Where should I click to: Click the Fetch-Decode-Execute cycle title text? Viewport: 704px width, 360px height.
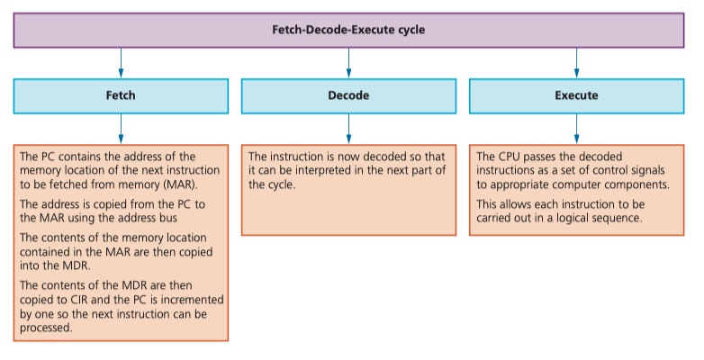click(x=348, y=30)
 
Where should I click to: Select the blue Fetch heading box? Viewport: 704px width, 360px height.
click(x=121, y=96)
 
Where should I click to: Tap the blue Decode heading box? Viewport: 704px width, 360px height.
click(x=349, y=96)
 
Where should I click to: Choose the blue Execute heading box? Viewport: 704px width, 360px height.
click(x=576, y=96)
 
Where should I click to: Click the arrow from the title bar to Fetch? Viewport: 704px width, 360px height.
click(x=121, y=63)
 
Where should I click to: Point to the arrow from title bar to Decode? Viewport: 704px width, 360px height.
click(x=349, y=63)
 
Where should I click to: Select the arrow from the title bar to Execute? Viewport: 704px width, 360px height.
click(x=576, y=63)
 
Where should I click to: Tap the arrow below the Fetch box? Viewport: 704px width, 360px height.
click(x=121, y=129)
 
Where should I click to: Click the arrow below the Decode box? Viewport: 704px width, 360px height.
click(x=349, y=129)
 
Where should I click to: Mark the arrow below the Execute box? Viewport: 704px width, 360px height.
click(x=576, y=129)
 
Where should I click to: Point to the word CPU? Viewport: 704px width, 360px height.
click(x=510, y=157)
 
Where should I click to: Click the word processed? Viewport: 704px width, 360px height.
click(x=46, y=328)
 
